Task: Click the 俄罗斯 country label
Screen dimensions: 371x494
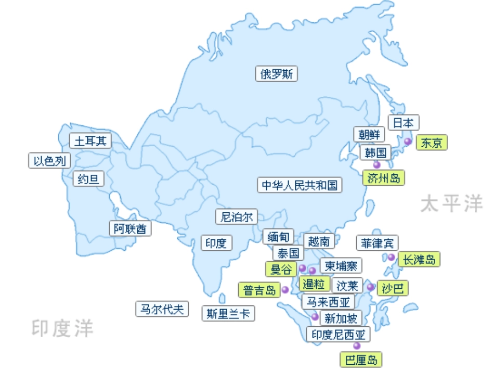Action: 277,74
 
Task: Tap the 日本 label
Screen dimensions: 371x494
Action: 403,123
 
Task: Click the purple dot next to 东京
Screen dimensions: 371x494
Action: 408,142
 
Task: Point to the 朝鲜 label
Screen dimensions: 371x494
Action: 369,134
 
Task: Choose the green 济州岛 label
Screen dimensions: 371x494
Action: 384,178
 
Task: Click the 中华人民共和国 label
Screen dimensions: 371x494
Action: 300,185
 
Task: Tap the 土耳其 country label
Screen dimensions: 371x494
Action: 91,141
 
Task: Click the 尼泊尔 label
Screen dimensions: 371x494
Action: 236,216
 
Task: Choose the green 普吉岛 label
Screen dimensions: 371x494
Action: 259,290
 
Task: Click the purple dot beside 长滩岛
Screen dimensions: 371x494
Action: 391,257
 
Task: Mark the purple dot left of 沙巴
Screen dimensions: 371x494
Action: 370,287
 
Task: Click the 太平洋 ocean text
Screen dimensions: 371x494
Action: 452,204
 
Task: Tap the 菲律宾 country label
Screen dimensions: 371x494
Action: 378,243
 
